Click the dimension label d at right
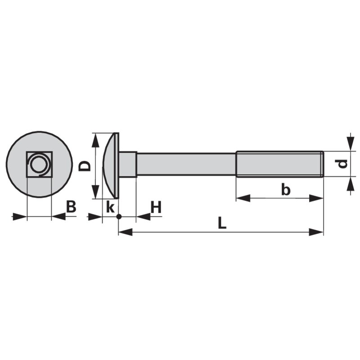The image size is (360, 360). click(x=343, y=164)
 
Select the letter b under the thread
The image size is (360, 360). click(x=285, y=190)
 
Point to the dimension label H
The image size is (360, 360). click(x=156, y=208)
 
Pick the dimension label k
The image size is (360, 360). click(x=109, y=207)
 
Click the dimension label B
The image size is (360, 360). click(x=71, y=207)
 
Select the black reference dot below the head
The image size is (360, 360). click(x=118, y=217)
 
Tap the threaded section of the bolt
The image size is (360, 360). click(x=279, y=164)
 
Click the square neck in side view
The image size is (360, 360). click(x=128, y=164)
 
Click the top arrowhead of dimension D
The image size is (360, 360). click(x=94, y=140)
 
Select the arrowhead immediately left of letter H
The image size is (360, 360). click(x=143, y=217)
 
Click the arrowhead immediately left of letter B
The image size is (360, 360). click(x=58, y=217)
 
